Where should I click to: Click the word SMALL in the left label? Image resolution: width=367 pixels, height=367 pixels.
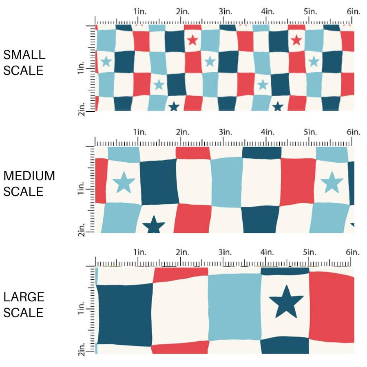click(x=24, y=55)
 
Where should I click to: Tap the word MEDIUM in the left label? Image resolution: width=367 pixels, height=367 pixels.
click(x=29, y=176)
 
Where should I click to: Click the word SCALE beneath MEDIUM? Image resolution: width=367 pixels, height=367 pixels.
click(x=23, y=191)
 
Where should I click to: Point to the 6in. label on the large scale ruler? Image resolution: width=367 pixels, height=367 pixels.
click(x=353, y=252)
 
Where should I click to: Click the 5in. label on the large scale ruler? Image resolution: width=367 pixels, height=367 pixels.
click(x=310, y=252)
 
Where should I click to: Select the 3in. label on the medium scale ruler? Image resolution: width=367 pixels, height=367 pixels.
click(x=225, y=132)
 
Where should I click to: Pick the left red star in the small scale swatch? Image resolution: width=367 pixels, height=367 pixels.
click(x=192, y=40)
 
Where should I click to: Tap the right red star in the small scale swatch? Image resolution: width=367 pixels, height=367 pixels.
click(x=296, y=40)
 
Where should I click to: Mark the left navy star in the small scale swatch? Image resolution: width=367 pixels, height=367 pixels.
click(x=174, y=106)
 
